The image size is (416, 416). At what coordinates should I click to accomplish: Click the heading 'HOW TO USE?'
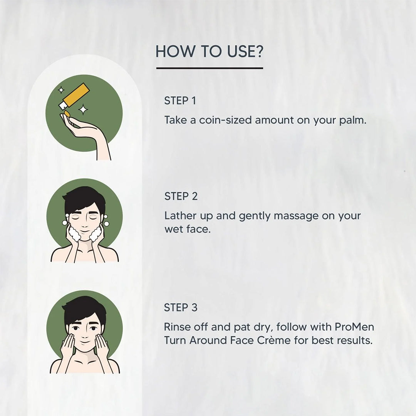pos(209,51)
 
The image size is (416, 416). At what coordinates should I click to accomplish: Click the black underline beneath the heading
pos(210,68)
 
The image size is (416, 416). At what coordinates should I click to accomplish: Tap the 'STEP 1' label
pos(180,101)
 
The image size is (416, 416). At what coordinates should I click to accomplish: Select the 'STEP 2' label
pos(181,196)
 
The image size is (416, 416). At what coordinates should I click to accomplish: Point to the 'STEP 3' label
pos(181,308)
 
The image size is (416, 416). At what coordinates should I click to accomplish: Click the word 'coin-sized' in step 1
pos(225,120)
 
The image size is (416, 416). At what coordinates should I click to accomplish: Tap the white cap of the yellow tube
pos(63,105)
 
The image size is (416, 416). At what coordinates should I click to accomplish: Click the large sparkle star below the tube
pos(83,109)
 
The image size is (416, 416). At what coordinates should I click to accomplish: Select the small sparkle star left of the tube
pos(61,90)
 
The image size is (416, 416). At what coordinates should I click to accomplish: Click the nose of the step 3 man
pos(85,335)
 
